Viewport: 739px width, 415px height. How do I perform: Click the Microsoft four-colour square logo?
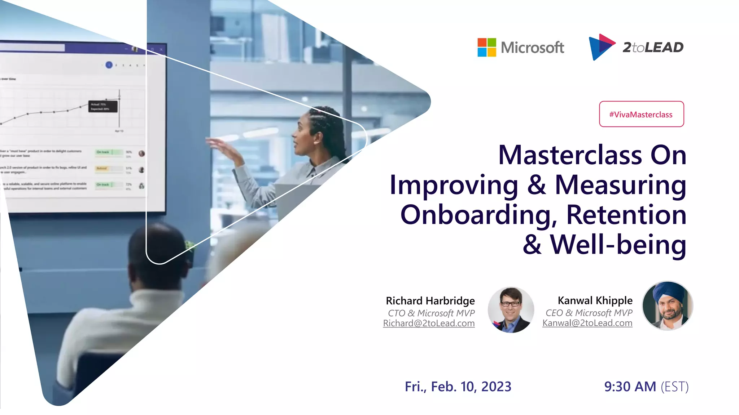[x=486, y=48]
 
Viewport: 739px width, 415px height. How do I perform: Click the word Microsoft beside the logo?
[x=532, y=48]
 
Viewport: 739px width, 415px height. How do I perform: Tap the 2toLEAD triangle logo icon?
[x=600, y=47]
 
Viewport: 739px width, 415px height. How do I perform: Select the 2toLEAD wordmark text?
[x=653, y=47]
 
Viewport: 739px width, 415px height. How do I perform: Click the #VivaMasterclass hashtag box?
[x=641, y=114]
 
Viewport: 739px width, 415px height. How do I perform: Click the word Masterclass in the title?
[x=570, y=155]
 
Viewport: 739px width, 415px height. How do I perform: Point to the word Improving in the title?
[x=454, y=185]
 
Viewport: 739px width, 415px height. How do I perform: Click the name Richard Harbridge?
[x=430, y=301]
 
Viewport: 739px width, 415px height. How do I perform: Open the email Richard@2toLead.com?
[x=429, y=323]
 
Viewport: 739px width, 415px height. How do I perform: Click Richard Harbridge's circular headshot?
[x=511, y=309]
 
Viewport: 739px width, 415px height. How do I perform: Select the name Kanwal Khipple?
[x=595, y=300]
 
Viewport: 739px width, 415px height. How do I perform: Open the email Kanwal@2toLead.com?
[x=587, y=323]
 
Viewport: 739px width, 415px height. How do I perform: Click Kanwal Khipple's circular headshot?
[x=667, y=306]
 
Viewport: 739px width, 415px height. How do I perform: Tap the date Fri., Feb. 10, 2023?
[x=458, y=387]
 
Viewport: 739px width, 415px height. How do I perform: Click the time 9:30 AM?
[x=630, y=387]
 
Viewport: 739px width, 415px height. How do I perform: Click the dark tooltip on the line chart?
[x=103, y=107]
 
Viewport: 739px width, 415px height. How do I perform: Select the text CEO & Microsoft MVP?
[x=589, y=313]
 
